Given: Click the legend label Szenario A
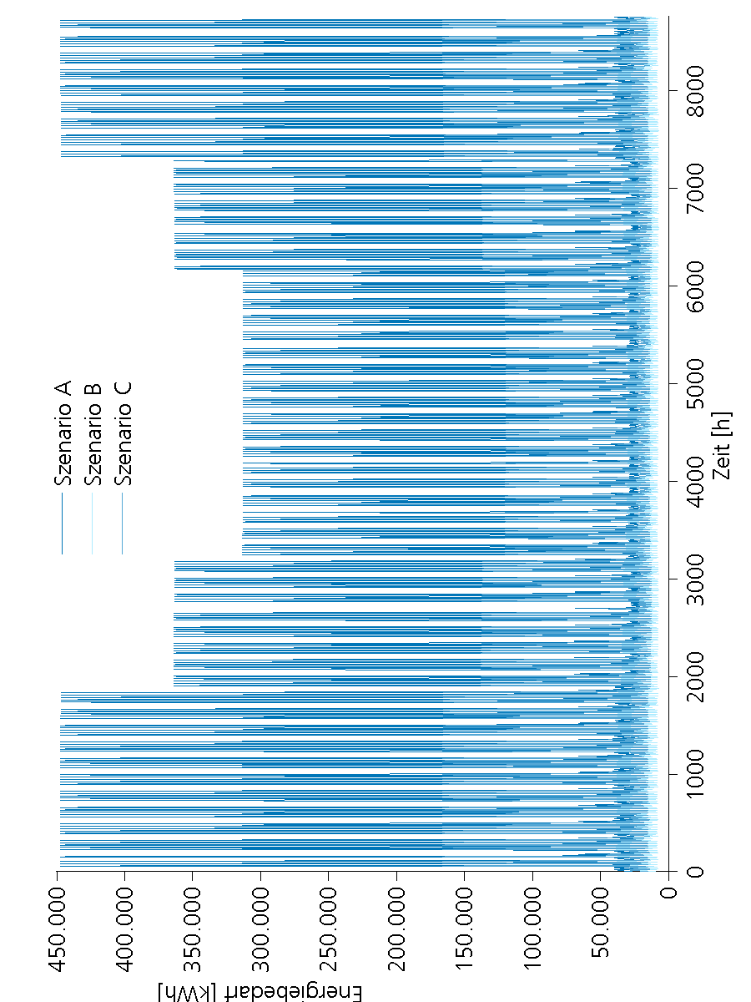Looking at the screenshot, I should point(63,434).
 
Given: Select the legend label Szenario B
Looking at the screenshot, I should point(93,434).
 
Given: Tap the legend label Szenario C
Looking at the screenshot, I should point(123,434).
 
